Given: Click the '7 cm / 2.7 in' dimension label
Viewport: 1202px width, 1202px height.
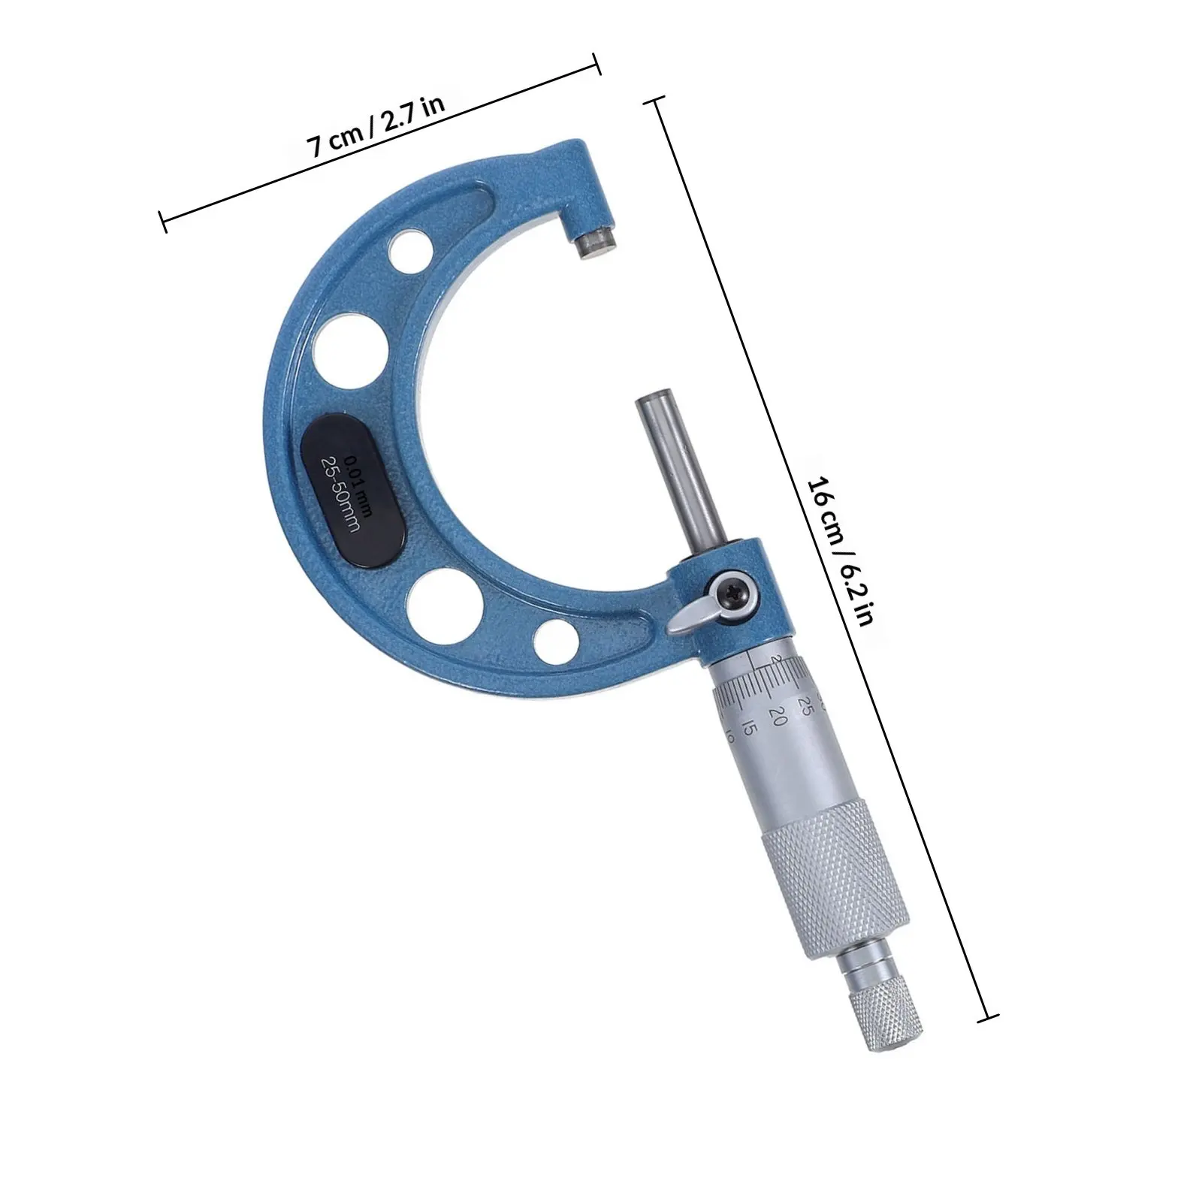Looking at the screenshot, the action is (376, 125).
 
